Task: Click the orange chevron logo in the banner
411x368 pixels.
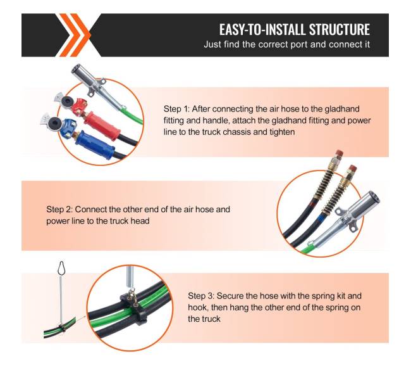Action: point(75,35)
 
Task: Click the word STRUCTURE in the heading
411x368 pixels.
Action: point(340,29)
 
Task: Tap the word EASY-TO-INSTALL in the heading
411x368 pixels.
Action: point(262,29)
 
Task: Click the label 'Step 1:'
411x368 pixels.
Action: point(176,109)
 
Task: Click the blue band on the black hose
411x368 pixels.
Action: point(321,218)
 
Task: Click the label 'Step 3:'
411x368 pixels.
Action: point(201,296)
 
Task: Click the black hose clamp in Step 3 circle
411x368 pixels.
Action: point(133,307)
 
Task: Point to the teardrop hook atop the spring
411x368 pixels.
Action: point(61,267)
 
